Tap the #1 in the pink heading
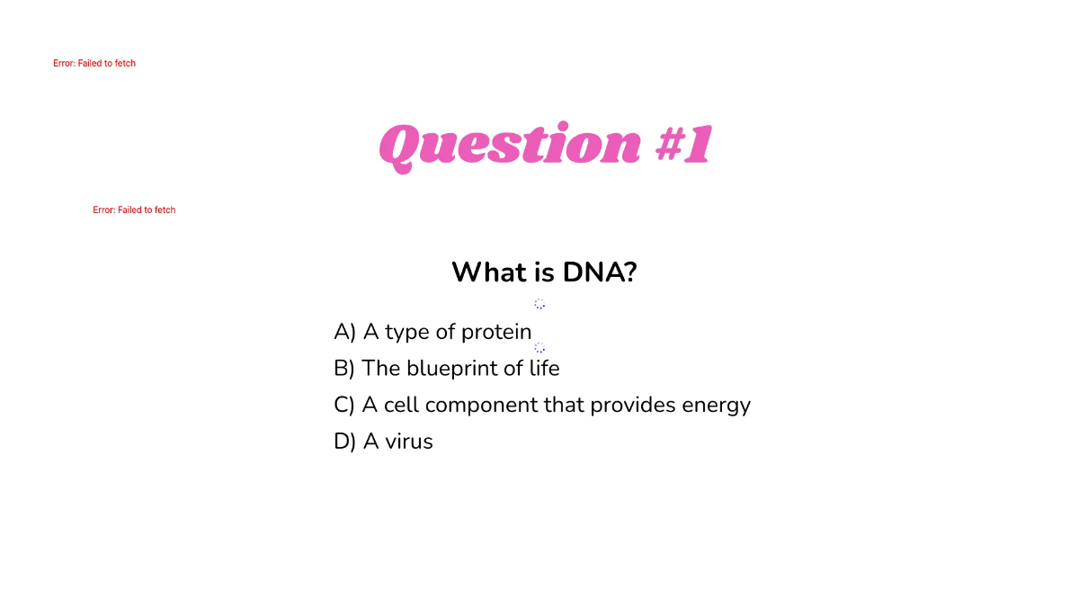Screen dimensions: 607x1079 [x=683, y=144]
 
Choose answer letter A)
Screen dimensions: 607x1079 [x=345, y=332]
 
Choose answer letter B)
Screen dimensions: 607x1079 [x=344, y=368]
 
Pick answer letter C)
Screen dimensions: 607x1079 [x=344, y=405]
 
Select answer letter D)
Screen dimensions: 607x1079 [x=345, y=442]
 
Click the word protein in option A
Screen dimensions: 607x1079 [x=496, y=333]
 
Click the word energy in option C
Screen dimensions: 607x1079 [x=716, y=406]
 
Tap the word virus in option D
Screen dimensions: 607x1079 [x=409, y=442]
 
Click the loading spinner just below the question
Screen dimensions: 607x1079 [x=539, y=304]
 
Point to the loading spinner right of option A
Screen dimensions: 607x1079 [x=539, y=347]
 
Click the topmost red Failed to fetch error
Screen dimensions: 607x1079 [x=94, y=64]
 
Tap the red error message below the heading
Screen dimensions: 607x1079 [x=134, y=210]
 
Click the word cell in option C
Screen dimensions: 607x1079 [x=401, y=405]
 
